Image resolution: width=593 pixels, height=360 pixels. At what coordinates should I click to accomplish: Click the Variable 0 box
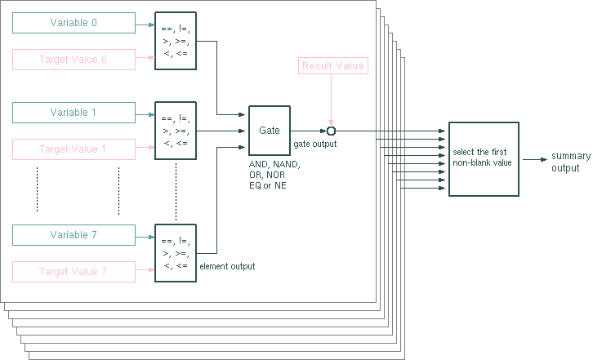(x=74, y=24)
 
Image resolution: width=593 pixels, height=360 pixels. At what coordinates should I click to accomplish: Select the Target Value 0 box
(x=74, y=60)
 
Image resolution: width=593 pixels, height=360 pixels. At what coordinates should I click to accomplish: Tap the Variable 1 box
(x=74, y=113)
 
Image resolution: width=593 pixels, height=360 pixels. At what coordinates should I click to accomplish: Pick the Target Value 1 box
(x=74, y=149)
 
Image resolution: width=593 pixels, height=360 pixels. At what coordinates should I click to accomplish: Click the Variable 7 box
(x=74, y=235)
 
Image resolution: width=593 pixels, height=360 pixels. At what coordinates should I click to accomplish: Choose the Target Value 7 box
(x=74, y=271)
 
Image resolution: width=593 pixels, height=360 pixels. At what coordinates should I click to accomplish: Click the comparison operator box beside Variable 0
(x=176, y=41)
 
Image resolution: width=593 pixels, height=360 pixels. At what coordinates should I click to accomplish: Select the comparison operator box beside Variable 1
(x=176, y=131)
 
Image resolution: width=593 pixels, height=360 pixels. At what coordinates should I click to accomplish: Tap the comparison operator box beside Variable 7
(x=176, y=252)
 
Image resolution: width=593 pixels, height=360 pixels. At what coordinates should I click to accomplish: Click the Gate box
(x=270, y=131)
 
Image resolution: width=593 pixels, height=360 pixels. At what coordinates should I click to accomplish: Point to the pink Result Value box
(x=332, y=66)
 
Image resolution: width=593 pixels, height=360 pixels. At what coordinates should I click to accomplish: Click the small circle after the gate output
(x=332, y=131)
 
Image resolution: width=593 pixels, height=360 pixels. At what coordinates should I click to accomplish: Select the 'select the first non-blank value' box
(x=483, y=158)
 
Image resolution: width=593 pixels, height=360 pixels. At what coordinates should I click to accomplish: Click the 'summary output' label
(x=565, y=162)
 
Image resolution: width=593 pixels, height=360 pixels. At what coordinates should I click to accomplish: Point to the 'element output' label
(x=227, y=266)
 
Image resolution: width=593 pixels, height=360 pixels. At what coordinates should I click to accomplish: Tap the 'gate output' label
(x=314, y=144)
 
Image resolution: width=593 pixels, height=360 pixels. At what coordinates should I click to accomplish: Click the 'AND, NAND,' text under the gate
(x=274, y=164)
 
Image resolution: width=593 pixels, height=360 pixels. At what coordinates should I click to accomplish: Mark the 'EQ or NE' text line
(x=268, y=185)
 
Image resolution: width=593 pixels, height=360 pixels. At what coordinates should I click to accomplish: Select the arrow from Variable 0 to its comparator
(x=145, y=24)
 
